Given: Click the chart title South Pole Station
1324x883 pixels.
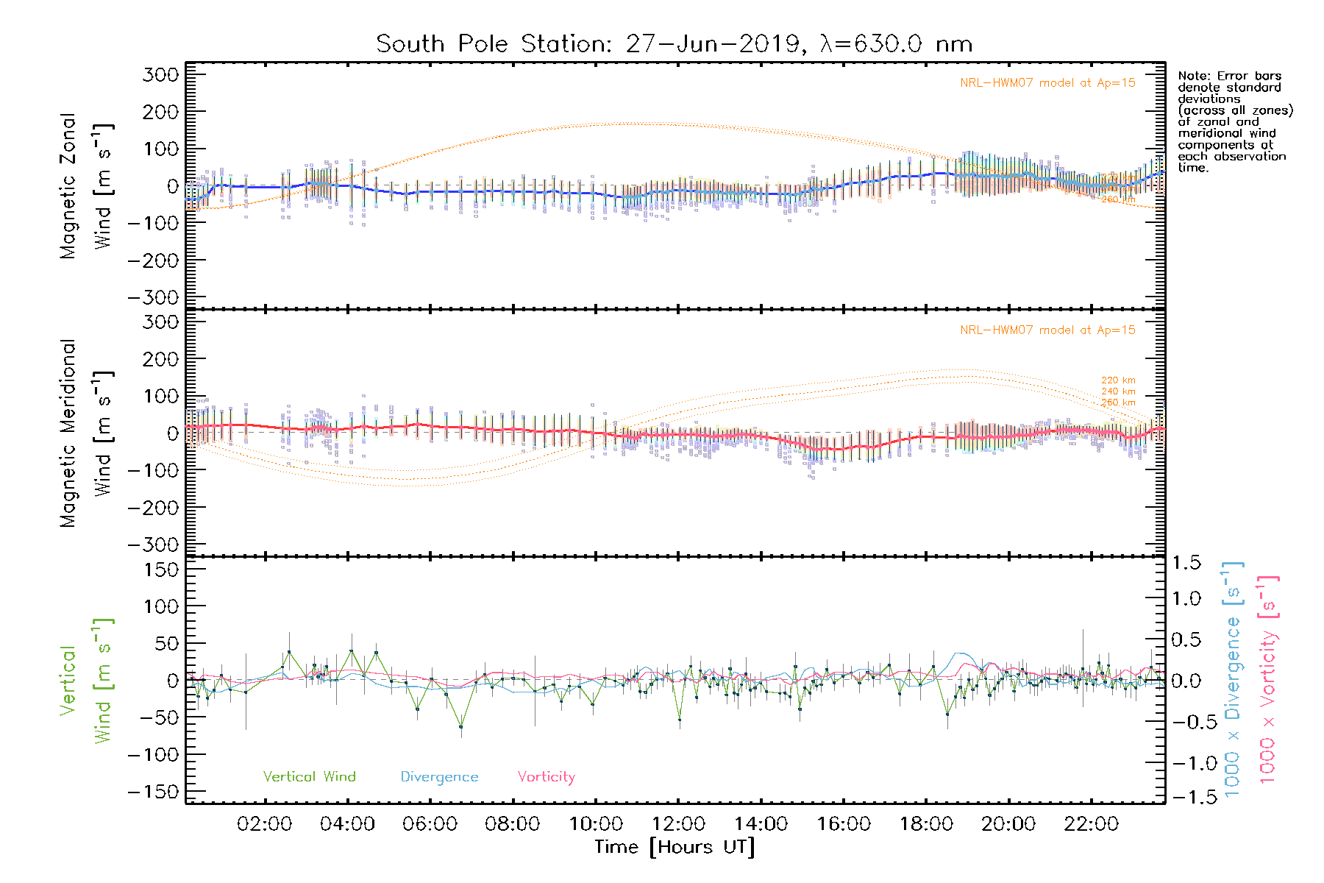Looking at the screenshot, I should point(674,44).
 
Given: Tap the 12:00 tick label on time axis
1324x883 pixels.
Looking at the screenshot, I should point(678,824).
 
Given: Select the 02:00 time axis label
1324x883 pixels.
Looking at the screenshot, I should point(265,824).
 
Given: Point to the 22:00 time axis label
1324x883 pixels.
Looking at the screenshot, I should point(1091,824).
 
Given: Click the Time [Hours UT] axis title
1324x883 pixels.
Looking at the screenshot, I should point(675,848).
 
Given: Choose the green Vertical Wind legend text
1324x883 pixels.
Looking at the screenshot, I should point(309,777).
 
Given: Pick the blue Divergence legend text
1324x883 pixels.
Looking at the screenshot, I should point(439,777).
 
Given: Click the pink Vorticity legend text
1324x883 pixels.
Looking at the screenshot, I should point(546,777).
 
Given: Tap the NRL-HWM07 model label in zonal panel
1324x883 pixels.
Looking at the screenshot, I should point(1047,83).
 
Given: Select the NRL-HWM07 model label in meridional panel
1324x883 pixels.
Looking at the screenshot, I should point(1047,330).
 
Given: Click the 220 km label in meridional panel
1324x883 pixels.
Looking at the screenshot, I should point(1118,380).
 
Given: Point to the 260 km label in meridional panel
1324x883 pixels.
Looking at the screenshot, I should point(1118,403).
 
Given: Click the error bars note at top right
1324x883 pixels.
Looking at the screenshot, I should point(1234,121).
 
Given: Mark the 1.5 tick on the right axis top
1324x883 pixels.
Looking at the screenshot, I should point(1186,563).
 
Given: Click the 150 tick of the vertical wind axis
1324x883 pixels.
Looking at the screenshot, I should point(161,570).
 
